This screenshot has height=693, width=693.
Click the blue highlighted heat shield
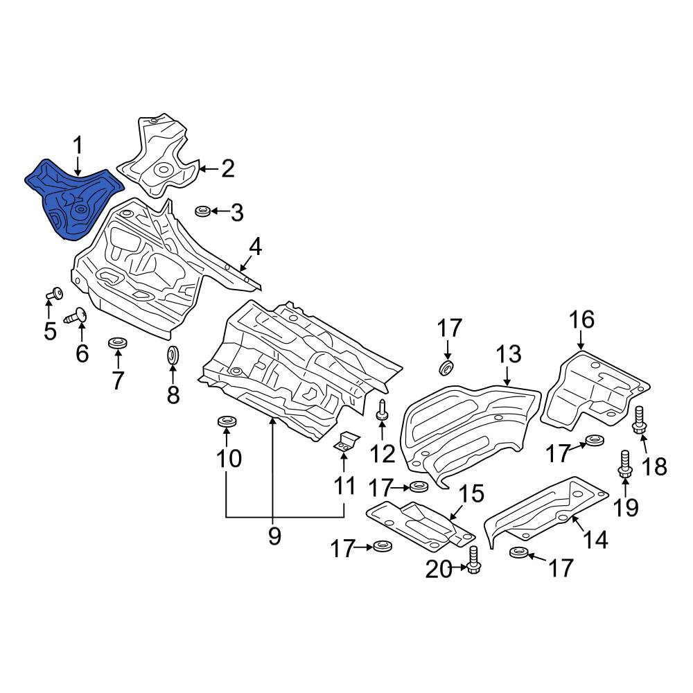73,199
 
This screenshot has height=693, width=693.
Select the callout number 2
227,169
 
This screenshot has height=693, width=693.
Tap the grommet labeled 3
203,211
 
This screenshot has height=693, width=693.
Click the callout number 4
256,247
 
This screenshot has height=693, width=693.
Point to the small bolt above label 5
55,293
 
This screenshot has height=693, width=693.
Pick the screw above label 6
76,316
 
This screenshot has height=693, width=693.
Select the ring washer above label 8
173,356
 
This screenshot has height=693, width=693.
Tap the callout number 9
274,536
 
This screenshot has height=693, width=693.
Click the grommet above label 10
227,421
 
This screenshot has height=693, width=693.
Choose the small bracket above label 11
345,443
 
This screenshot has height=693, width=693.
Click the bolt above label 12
383,410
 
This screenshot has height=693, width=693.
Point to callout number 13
508,354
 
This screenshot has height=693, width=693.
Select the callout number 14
595,539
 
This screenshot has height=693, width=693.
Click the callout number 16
581,319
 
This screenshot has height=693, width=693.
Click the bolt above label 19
624,464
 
